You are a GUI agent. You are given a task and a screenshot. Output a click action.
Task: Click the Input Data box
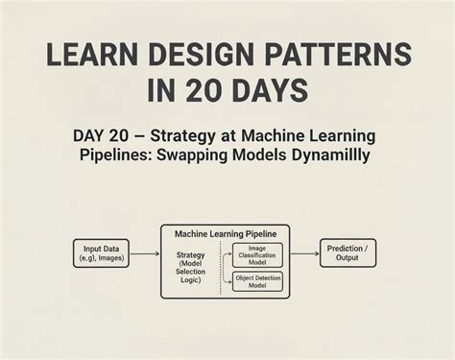tap(101, 253)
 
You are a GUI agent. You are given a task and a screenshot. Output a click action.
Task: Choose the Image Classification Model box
tap(258, 253)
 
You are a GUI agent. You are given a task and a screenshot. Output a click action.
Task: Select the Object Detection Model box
tap(258, 280)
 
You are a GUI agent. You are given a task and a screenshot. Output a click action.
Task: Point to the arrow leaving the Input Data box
tap(144, 253)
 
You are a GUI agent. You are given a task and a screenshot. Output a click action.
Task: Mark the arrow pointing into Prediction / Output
tap(304, 253)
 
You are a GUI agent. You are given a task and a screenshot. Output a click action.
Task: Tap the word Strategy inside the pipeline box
tap(192, 254)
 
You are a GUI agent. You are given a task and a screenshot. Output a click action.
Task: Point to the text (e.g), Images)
tap(101, 259)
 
